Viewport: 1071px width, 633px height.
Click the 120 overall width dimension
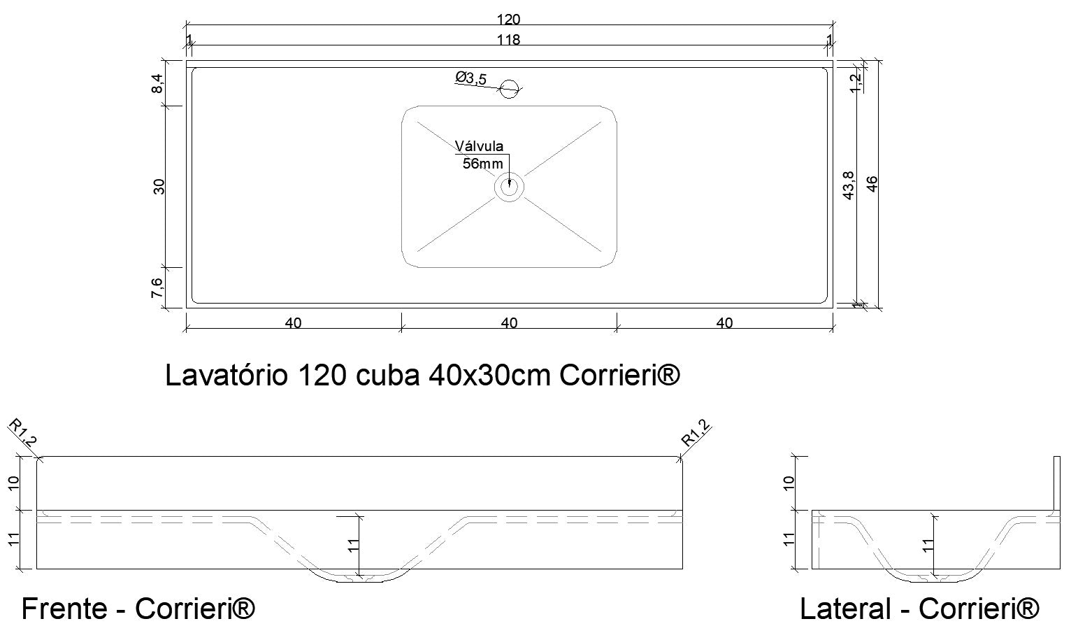tap(509, 20)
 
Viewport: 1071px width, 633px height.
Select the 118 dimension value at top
tap(509, 40)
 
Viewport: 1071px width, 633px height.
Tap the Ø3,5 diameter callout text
tap(471, 78)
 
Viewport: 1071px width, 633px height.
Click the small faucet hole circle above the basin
tap(510, 89)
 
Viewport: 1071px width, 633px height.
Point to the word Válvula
tap(479, 146)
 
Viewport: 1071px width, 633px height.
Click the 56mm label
tap(482, 164)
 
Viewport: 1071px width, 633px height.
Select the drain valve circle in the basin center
tap(509, 187)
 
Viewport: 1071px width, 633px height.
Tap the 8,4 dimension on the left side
tap(158, 83)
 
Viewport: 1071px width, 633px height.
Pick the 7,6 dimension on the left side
tap(158, 287)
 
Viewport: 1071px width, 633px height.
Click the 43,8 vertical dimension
tap(849, 185)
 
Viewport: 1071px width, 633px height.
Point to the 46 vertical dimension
tap(872, 184)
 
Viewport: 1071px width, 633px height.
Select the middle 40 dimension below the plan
tap(509, 323)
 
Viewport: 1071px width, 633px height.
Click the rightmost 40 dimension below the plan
tap(725, 323)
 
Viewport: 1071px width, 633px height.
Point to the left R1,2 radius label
tap(22, 433)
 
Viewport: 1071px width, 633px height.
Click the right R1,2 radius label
tap(696, 433)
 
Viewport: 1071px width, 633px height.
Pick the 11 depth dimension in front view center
tap(353, 546)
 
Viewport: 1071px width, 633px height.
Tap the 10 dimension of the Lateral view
tap(789, 482)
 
